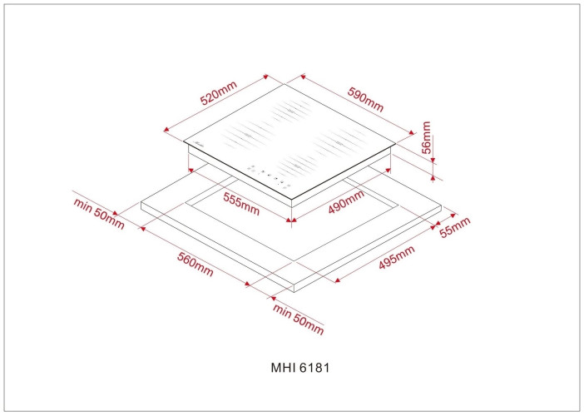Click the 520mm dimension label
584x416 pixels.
point(218,93)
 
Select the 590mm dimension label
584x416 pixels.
point(365,99)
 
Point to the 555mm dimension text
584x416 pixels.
point(241,204)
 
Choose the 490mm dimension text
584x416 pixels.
point(346,202)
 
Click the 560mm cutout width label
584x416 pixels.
point(195,264)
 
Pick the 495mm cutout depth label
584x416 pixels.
point(397,257)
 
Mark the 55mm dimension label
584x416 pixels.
point(455,227)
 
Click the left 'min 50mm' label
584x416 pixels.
point(99,213)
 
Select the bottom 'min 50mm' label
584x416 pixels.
point(299,319)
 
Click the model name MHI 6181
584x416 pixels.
point(300,368)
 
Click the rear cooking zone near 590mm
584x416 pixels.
point(291,111)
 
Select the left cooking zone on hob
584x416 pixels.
point(247,136)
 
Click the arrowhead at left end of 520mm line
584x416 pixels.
point(166,129)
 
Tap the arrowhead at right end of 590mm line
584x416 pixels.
point(411,131)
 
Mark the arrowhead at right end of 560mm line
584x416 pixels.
point(248,284)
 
